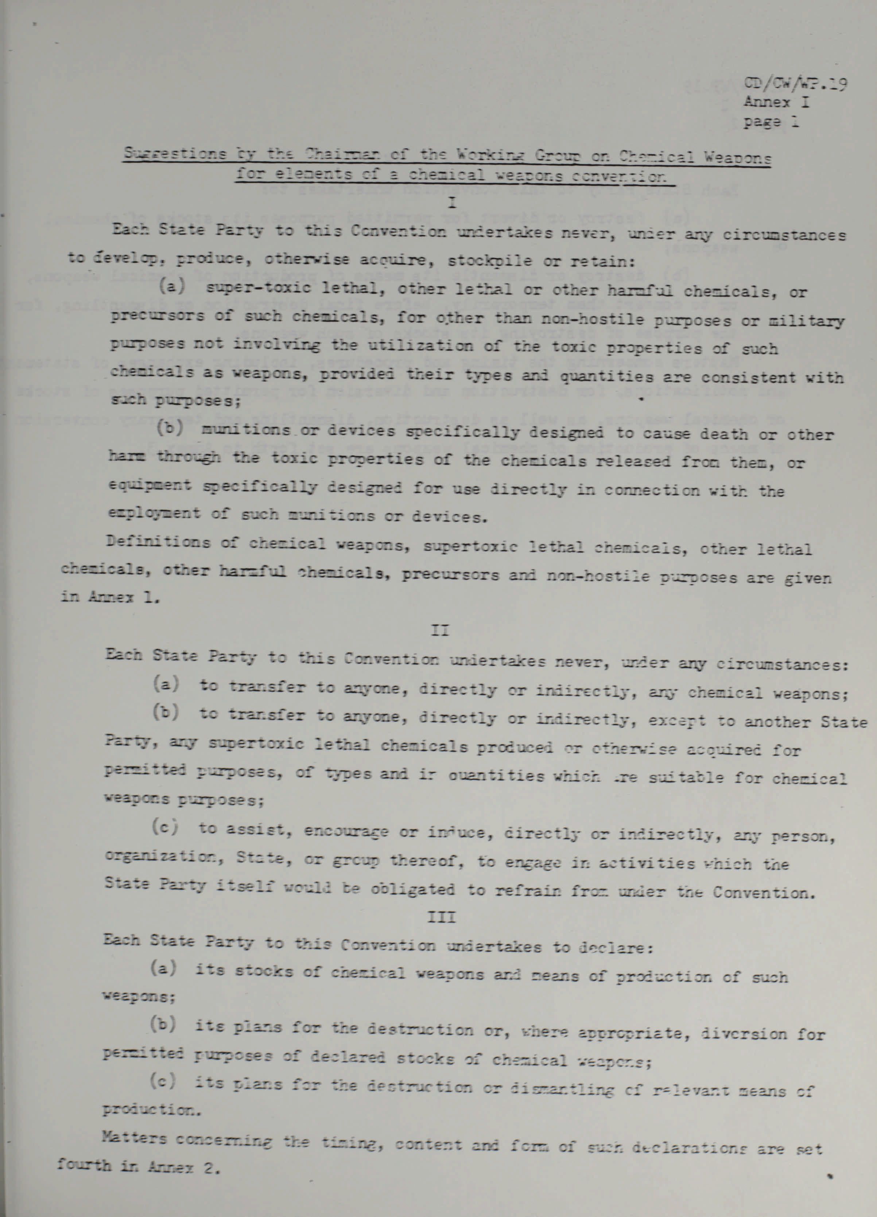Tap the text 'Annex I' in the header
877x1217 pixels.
click(776, 102)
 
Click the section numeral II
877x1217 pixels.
click(440, 631)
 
